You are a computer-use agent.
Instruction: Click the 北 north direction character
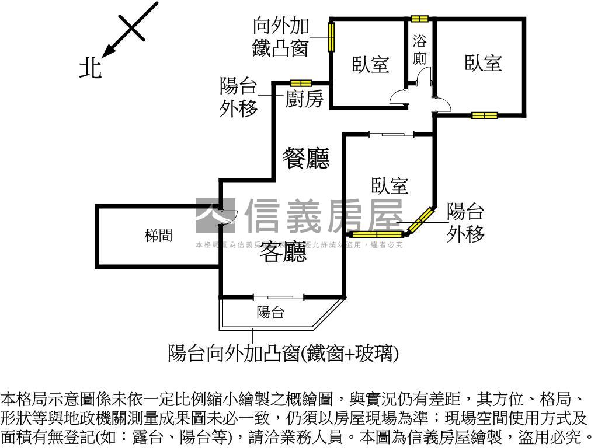point(91,67)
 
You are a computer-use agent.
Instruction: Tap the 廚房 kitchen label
point(304,100)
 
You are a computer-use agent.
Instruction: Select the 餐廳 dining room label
point(306,157)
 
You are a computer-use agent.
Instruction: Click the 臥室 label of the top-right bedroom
point(484,62)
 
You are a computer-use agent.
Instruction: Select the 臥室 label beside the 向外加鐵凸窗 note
point(370,64)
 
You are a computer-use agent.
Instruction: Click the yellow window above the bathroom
point(420,19)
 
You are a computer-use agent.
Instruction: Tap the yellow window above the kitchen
point(301,83)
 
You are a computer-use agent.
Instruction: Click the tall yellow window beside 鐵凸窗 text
point(331,36)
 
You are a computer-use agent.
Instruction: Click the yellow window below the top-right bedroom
point(485,115)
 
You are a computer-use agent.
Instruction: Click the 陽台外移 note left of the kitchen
point(238,97)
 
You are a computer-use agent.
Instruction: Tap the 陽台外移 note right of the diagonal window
point(465,222)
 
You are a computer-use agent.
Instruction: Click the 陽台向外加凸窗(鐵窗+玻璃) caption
point(283,352)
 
